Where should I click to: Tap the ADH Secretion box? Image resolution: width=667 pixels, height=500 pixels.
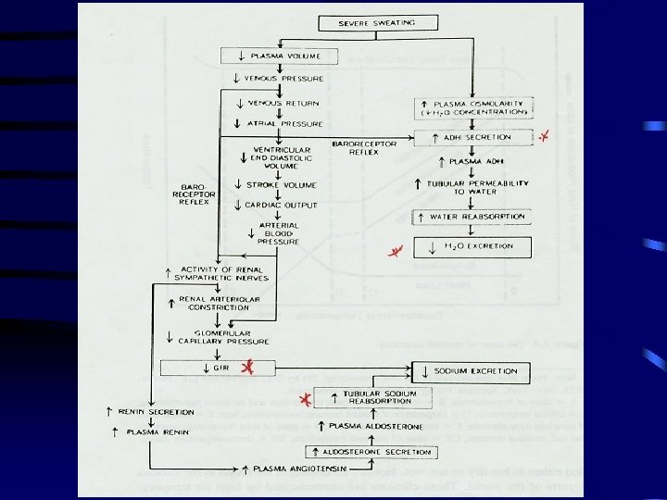coord(474,137)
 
